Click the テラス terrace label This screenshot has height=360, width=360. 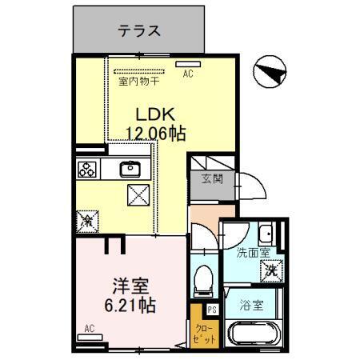point(140,31)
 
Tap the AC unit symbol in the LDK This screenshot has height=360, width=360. point(188,62)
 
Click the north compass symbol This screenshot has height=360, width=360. point(270,74)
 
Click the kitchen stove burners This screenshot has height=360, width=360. point(86,169)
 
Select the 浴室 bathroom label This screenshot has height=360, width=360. point(252,305)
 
